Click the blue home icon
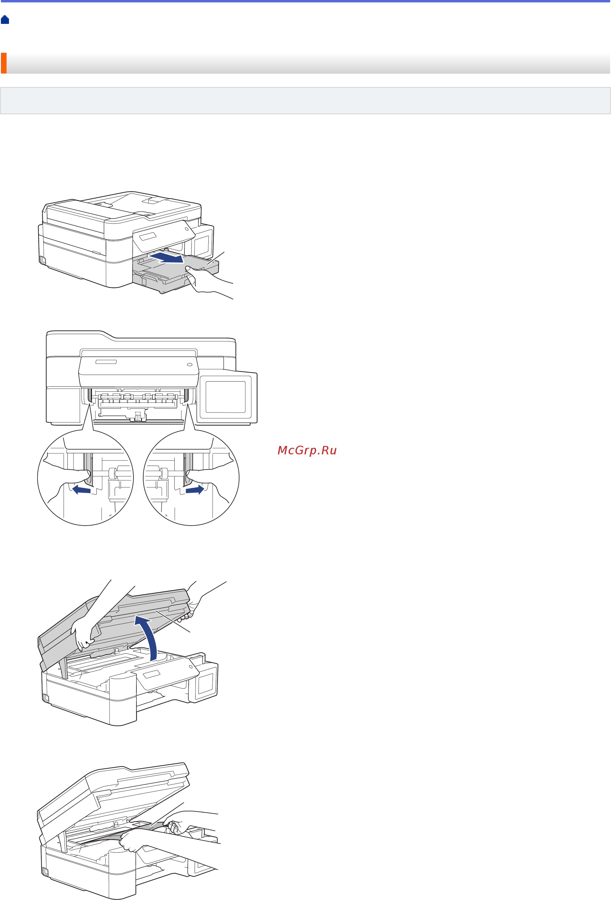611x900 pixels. tap(5, 20)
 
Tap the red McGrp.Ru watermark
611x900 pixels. tap(307, 450)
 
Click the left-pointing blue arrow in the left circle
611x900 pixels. tap(81, 490)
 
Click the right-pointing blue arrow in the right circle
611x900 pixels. tap(195, 490)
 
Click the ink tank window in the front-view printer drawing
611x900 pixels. tap(225, 397)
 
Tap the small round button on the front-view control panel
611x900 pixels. tap(190, 365)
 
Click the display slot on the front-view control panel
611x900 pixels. tap(106, 362)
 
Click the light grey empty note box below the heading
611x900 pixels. tap(305, 101)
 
